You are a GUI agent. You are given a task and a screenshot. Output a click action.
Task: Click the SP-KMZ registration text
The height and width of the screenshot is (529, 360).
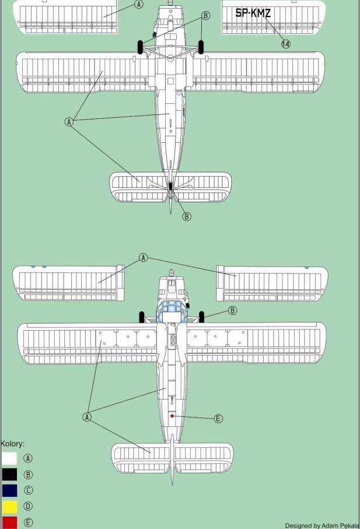pos(253,13)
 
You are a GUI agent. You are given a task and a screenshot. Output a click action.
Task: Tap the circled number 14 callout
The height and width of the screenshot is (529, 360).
pos(285,44)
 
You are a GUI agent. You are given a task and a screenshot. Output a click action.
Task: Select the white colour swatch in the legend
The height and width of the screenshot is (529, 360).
pos(9,458)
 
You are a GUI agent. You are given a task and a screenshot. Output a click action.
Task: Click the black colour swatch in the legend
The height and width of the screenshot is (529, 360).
pos(9,474)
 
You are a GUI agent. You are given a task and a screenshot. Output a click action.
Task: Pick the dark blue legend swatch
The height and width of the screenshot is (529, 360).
pos(9,491)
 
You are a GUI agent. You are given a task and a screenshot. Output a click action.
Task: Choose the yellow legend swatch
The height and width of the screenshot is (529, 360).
pos(9,506)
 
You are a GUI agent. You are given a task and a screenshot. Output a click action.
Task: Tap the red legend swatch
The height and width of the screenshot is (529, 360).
pos(9,522)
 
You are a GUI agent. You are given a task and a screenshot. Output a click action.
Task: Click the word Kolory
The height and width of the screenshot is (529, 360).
pos(13,444)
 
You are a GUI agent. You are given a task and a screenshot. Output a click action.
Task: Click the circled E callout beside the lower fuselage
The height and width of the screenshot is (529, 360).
pos(218,419)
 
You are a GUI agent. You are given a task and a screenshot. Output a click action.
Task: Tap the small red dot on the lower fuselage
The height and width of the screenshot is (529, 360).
pos(172,416)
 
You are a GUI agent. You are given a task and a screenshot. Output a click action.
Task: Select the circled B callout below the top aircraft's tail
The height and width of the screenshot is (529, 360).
pos(187,216)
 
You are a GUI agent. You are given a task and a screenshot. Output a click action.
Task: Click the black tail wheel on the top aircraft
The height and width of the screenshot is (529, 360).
pos(170,186)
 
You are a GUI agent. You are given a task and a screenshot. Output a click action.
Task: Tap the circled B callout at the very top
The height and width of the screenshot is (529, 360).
pos(205,16)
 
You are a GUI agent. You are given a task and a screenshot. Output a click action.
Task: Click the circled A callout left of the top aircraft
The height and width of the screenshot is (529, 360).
pos(69,122)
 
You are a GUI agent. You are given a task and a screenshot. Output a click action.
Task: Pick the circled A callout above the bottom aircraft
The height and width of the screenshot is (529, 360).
pos(144,258)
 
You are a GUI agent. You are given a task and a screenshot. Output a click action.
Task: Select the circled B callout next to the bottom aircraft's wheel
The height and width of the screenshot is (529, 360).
pos(232,311)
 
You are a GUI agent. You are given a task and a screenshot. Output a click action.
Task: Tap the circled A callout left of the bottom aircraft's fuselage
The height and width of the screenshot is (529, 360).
pos(87,417)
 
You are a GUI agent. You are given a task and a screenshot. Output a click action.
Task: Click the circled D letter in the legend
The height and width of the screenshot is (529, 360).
pos(28,506)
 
